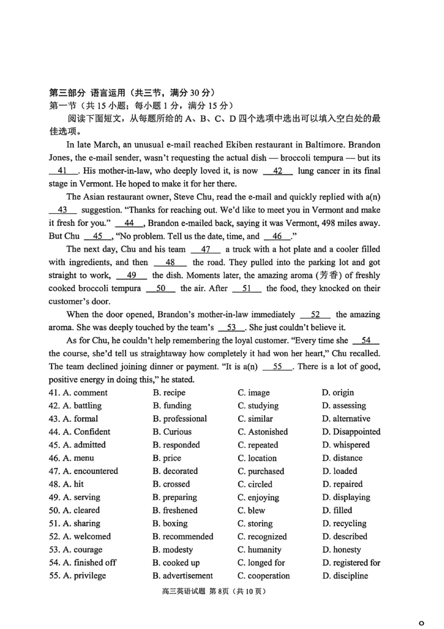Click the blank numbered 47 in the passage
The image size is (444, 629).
[x=205, y=249]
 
